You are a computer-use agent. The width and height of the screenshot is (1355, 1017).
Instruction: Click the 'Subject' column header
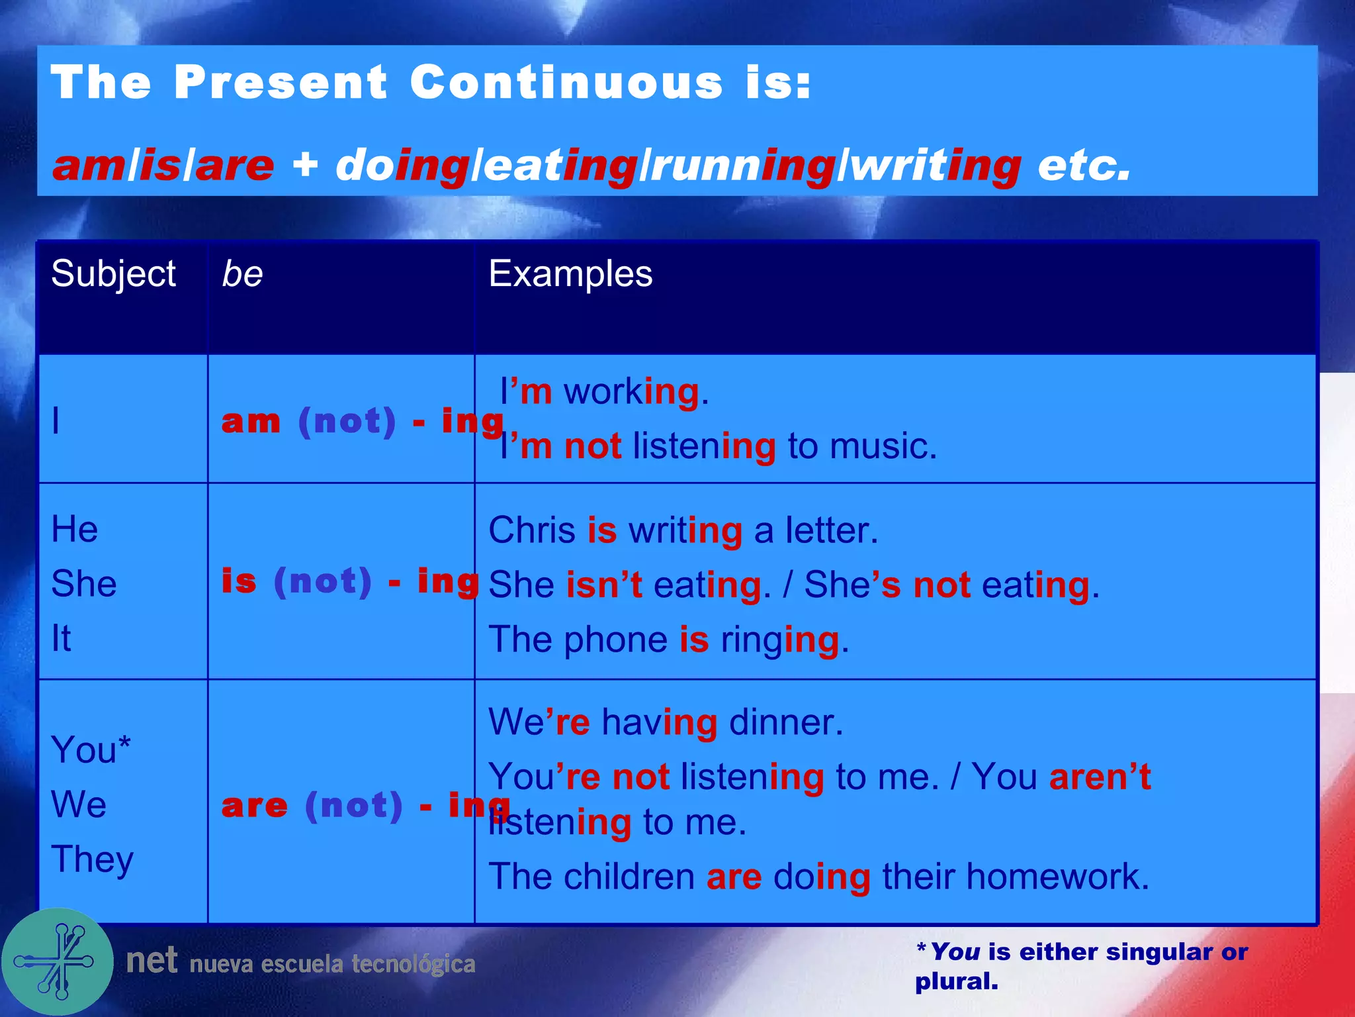(x=113, y=274)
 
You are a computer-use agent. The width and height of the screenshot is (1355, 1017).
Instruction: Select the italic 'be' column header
(x=242, y=274)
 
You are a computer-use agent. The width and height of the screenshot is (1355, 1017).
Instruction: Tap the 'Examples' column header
(x=570, y=274)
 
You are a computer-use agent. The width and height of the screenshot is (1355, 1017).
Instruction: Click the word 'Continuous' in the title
(x=566, y=83)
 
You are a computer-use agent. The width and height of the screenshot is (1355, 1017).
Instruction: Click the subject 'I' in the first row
(x=56, y=421)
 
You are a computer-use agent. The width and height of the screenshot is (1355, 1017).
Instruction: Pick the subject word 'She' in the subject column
(x=84, y=584)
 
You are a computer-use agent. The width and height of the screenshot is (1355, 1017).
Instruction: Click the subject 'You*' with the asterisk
(x=91, y=750)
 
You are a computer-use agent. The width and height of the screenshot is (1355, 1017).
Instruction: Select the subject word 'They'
(x=93, y=859)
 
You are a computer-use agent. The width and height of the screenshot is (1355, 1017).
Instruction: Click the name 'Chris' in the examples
(x=532, y=530)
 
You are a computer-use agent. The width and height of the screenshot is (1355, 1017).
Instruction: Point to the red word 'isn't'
(x=604, y=585)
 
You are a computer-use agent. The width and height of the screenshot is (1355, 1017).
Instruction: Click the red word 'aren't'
(x=1100, y=777)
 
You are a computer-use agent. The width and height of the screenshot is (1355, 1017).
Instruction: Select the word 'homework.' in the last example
(x=1057, y=877)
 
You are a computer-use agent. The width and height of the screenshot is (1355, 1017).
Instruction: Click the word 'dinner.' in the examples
(x=786, y=722)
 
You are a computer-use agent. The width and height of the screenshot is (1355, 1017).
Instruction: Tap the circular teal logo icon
(x=58, y=961)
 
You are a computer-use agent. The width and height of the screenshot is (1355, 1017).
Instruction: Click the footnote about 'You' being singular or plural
(x=1081, y=966)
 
